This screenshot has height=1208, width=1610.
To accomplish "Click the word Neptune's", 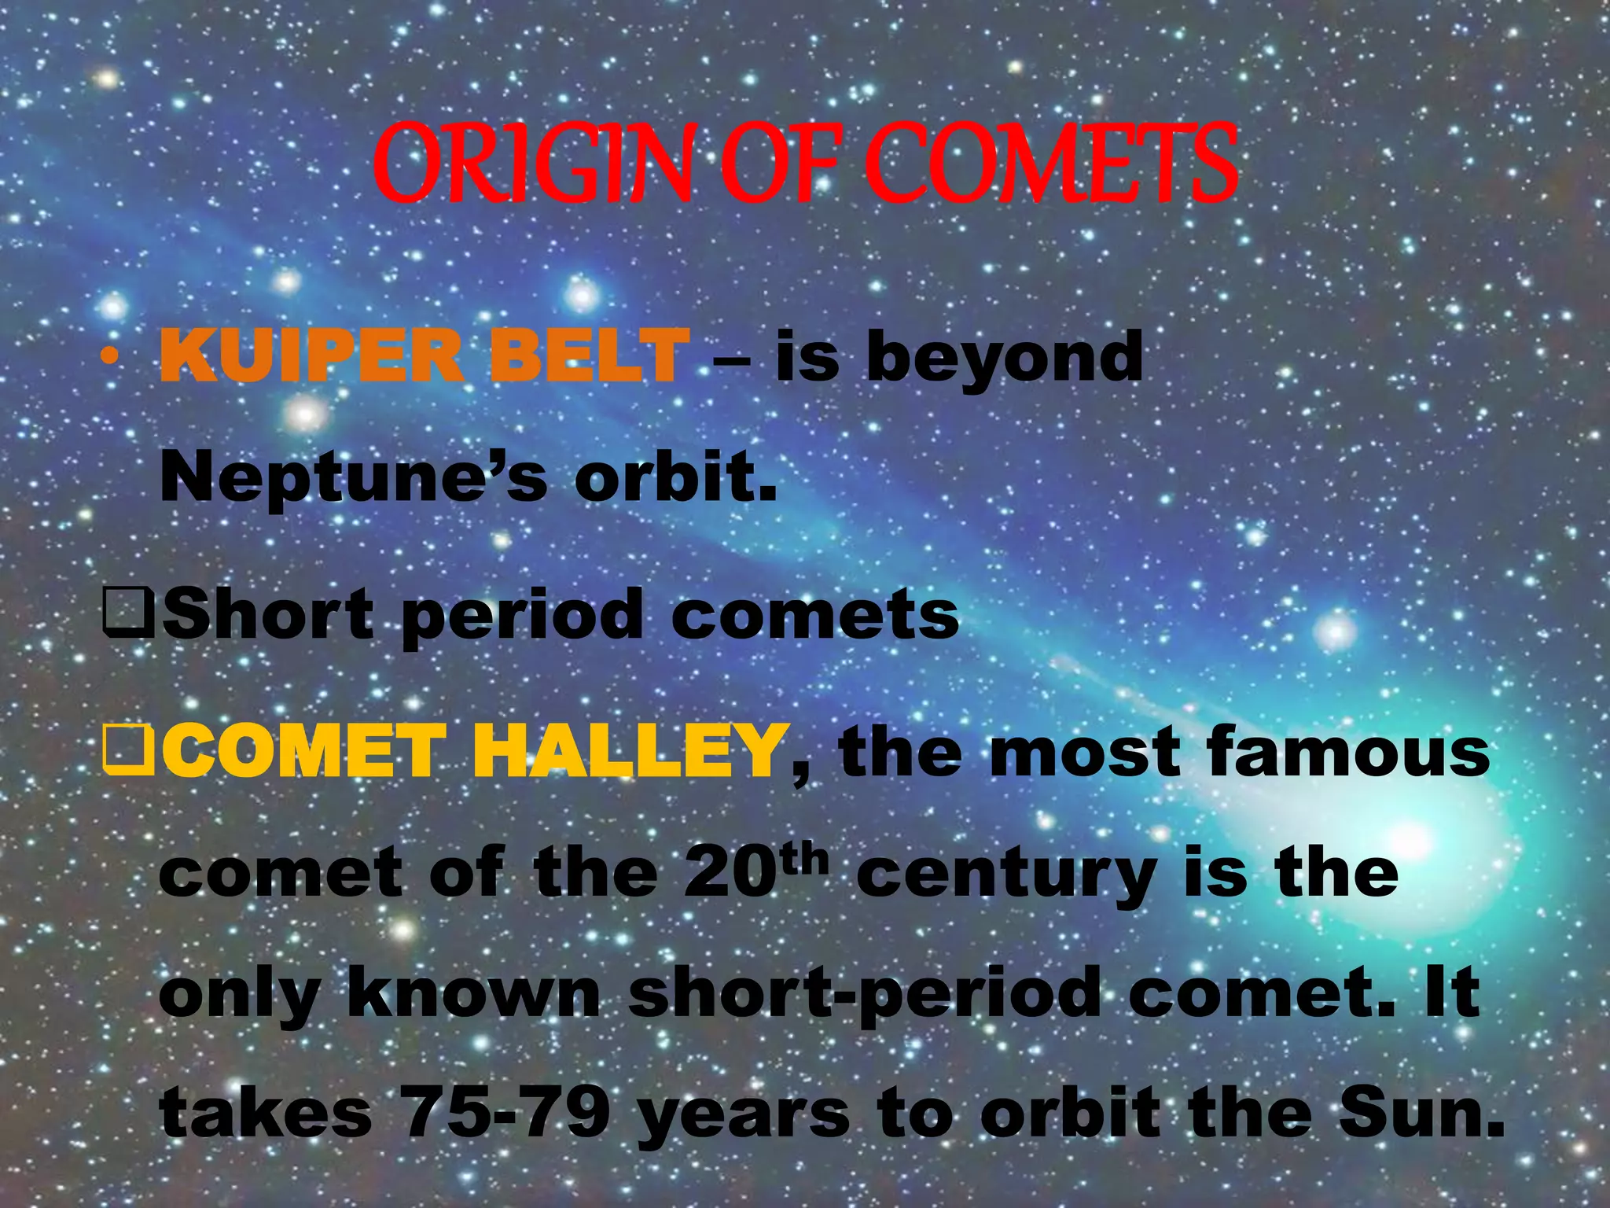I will (353, 478).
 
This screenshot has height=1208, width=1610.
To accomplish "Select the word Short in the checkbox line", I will (267, 613).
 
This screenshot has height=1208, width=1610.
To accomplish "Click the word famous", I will (1347, 752).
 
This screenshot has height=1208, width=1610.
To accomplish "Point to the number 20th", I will (755, 871).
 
